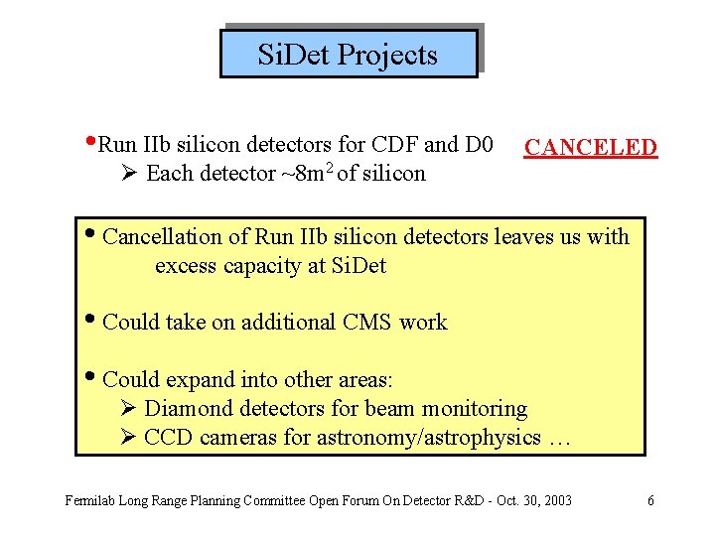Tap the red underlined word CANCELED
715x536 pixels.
point(591,148)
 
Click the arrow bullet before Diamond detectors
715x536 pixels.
point(127,409)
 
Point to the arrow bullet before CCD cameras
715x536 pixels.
point(127,438)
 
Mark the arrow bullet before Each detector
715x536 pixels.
point(127,174)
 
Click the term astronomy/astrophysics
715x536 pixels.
point(428,438)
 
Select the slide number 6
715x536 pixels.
point(650,500)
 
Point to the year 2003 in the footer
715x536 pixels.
point(558,500)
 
